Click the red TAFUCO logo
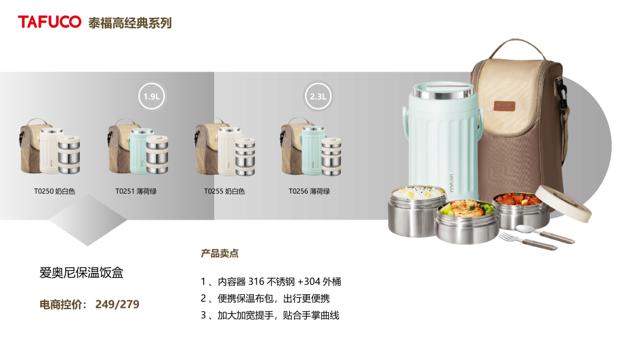coord(49,22)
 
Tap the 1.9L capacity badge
coord(151,97)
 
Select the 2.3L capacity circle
coord(318,97)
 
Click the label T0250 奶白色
coord(54,191)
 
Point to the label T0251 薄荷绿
coord(135,191)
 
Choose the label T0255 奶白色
coord(225,191)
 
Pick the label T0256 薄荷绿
coord(309,191)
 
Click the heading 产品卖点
coord(220,253)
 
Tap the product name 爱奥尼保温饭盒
coord(82,272)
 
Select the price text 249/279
coord(117,304)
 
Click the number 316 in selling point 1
coord(256,282)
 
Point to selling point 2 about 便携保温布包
coord(265,298)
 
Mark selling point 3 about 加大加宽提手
coord(270,315)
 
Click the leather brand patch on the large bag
coord(505,106)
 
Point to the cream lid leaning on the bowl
coord(564,203)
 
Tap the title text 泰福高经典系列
coord(130,23)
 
